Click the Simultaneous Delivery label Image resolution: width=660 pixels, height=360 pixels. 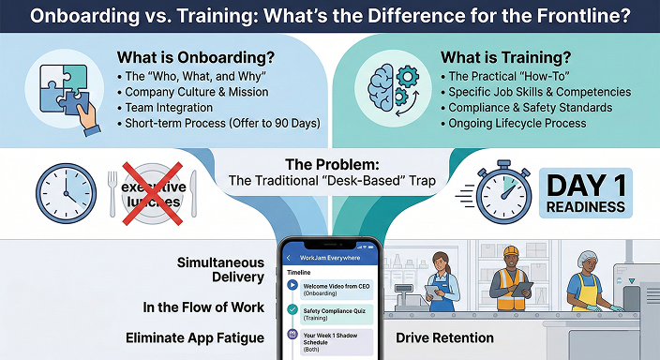coord(220,271)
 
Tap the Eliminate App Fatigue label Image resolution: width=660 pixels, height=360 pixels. coord(195,337)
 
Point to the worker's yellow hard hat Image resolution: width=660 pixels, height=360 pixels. coord(511,253)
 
